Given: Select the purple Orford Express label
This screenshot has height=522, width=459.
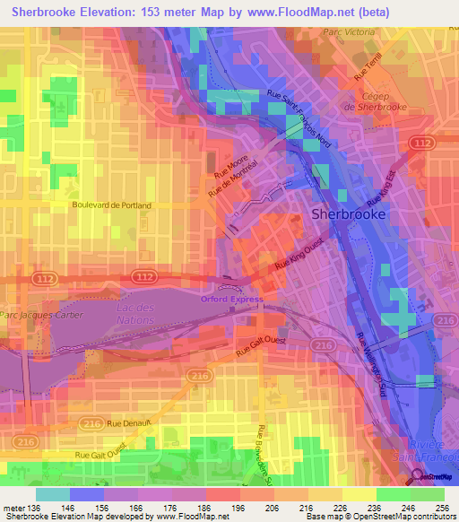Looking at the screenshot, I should [x=232, y=299].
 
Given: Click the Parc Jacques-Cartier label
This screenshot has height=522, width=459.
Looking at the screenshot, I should [x=41, y=315].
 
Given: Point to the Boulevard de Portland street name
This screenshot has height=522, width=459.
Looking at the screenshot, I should [x=112, y=205].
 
